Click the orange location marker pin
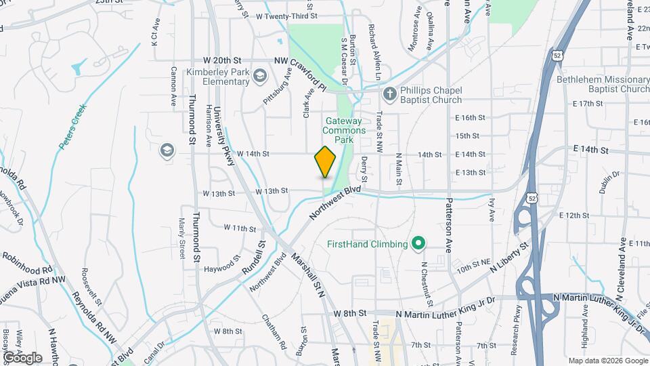326,162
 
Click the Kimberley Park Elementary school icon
260,78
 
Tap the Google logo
22,357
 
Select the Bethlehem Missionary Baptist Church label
603,84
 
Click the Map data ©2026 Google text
607,361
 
